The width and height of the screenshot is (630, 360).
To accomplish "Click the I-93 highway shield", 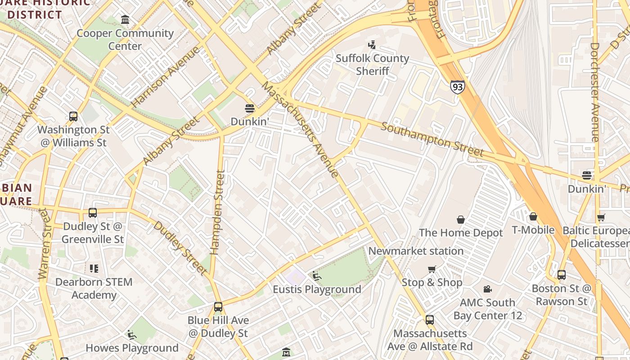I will [x=457, y=86].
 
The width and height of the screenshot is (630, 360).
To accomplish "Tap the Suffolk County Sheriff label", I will [x=372, y=64].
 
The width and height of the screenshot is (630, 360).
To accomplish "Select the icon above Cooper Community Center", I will [x=125, y=20].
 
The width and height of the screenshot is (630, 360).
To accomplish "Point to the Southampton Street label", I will [x=432, y=139].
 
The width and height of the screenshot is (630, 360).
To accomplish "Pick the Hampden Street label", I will [x=218, y=212].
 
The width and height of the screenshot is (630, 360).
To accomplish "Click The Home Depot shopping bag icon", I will [x=461, y=220].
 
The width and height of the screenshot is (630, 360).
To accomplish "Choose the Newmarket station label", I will [x=416, y=251].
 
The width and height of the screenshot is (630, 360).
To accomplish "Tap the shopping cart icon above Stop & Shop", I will [x=432, y=269].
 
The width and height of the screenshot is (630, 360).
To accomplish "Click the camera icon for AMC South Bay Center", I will [x=487, y=289].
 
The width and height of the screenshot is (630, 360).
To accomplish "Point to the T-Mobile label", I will [x=533, y=230].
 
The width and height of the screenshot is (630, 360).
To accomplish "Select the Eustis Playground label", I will [x=317, y=289].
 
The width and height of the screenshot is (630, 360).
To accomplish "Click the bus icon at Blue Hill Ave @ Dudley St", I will [x=218, y=307].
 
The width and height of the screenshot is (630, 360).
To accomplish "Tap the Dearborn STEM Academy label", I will [x=94, y=288].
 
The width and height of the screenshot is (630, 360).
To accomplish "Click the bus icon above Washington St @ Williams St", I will [x=73, y=117].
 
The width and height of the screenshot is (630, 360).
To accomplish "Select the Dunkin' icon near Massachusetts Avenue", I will [x=250, y=108].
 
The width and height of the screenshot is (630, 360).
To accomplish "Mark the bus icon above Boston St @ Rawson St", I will [x=562, y=275].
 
